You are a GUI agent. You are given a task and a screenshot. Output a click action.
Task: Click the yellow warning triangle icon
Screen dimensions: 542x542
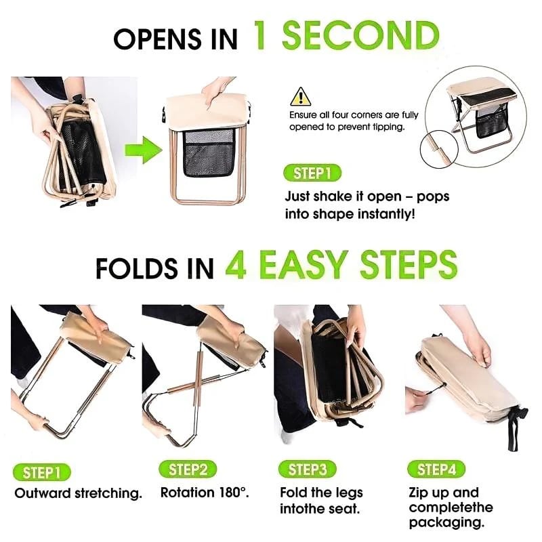300,97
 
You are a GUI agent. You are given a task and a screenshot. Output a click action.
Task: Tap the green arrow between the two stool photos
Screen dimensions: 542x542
144,150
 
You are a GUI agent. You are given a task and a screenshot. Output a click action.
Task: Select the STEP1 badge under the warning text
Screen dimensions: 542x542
312,173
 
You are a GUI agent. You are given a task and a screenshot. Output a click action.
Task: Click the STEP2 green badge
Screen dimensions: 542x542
188,470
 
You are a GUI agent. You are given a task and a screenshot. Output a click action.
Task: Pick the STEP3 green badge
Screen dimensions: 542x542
308,470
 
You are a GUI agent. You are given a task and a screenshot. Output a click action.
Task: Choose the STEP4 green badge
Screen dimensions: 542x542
436,470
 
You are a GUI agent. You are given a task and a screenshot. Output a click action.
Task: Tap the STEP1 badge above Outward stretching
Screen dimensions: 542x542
41,472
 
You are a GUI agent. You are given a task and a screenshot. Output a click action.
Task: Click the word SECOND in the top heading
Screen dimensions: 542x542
360,35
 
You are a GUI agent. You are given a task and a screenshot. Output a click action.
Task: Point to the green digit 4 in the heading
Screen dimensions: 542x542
236,264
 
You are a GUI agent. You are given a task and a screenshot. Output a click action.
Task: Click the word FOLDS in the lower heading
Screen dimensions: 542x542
137,268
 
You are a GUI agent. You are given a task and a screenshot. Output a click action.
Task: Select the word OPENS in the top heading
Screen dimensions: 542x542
157,39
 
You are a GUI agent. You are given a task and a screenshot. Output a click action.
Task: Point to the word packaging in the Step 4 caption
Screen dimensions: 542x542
446,522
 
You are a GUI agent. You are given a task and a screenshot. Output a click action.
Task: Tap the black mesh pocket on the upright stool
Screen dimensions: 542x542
209,152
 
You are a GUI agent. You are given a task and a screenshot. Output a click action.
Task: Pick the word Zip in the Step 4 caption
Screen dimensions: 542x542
418,493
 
